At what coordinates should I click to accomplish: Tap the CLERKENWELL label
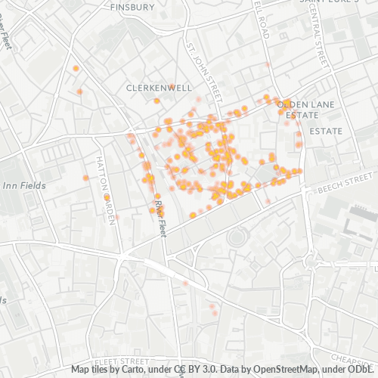160,88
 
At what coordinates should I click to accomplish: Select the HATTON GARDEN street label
106,189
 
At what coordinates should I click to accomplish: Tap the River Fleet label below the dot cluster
160,215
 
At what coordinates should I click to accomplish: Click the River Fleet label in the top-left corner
7,34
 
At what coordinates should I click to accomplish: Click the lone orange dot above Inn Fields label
86,178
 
